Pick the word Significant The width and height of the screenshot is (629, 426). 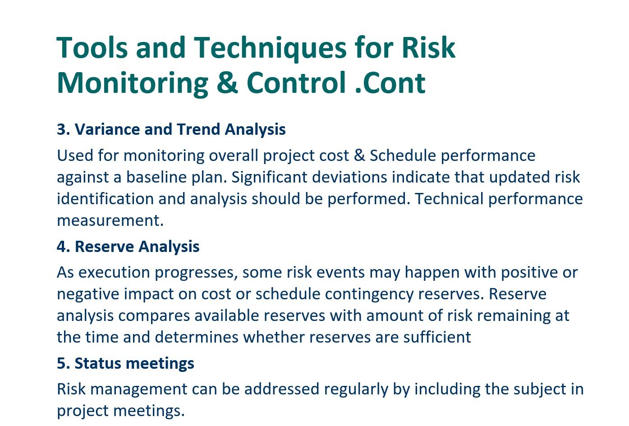click(x=269, y=177)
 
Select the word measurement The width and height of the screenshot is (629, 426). click(x=110, y=220)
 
